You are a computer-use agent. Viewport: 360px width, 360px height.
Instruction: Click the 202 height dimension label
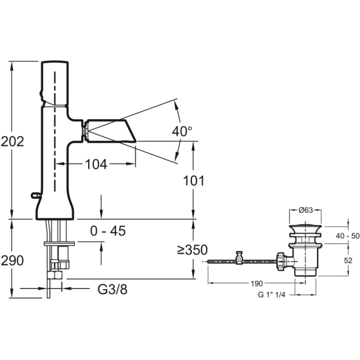13,141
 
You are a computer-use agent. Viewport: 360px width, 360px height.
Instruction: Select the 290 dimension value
13,260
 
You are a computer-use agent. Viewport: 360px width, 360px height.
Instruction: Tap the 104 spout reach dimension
96,164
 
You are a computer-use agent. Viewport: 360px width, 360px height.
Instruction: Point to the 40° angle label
182,131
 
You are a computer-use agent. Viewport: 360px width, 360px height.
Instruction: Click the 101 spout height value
193,181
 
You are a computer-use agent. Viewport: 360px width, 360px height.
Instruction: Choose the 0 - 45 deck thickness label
108,231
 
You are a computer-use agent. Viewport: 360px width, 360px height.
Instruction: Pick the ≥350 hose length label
193,250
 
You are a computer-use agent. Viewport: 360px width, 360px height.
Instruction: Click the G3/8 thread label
113,289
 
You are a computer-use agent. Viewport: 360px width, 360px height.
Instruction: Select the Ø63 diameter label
305,210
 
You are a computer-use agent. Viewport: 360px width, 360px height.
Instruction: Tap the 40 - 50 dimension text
347,236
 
